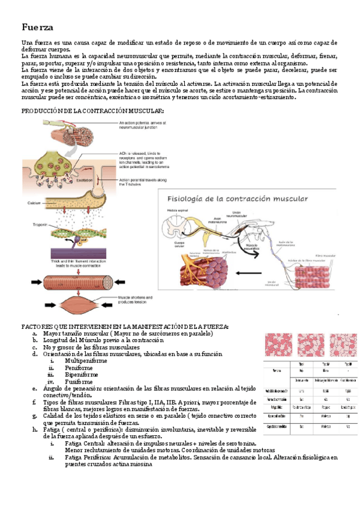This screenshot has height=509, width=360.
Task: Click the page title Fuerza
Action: pyautogui.click(x=37, y=28)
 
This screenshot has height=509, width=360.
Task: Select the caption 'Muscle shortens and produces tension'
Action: pyautogui.click(x=136, y=299)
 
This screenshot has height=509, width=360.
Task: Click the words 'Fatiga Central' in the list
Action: pyautogui.click(x=85, y=443)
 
